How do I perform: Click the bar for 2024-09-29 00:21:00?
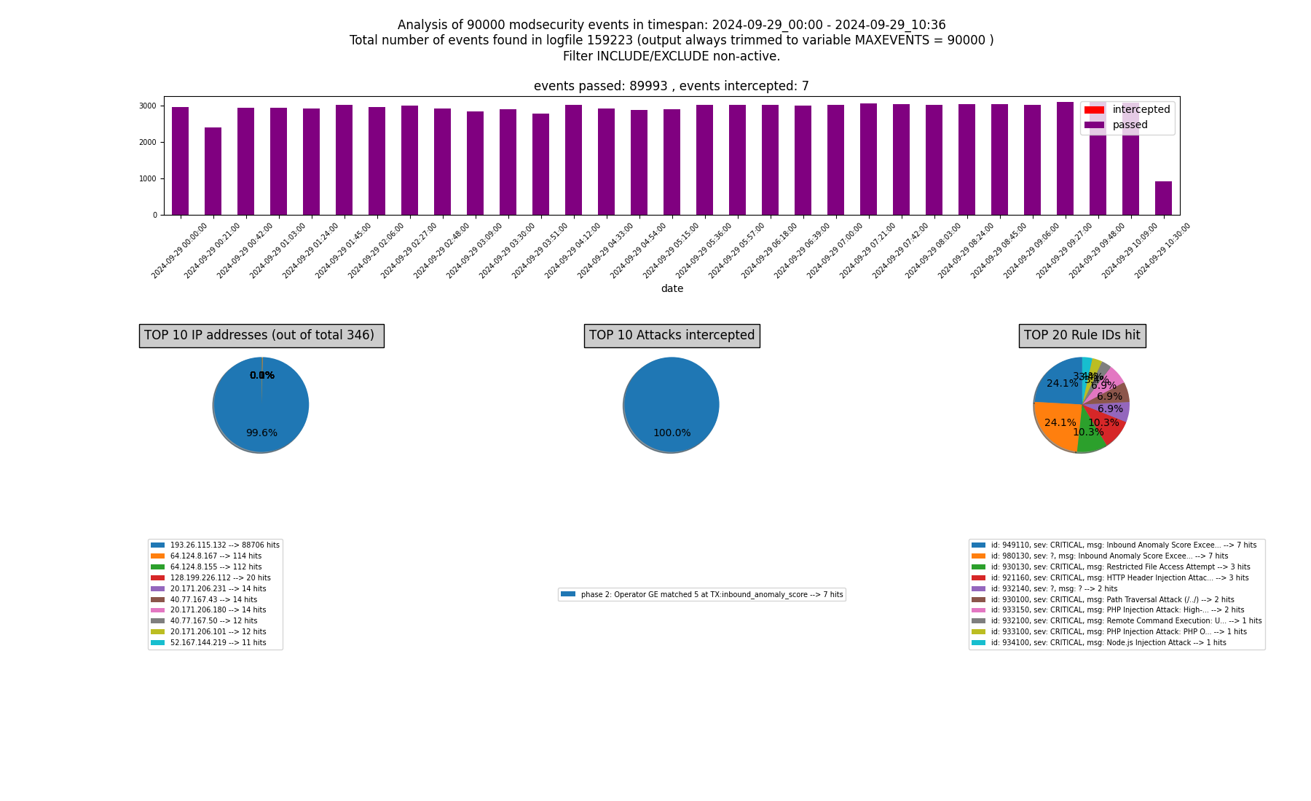point(213,171)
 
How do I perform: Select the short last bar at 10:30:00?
point(1163,198)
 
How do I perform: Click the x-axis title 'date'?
point(672,289)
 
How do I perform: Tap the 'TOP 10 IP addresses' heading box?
point(261,336)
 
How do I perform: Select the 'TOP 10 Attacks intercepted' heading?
point(672,336)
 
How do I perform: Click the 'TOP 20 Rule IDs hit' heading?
point(1082,336)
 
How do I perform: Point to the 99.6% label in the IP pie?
point(261,433)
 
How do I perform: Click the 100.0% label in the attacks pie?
point(672,433)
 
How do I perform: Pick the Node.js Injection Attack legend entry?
point(1108,643)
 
